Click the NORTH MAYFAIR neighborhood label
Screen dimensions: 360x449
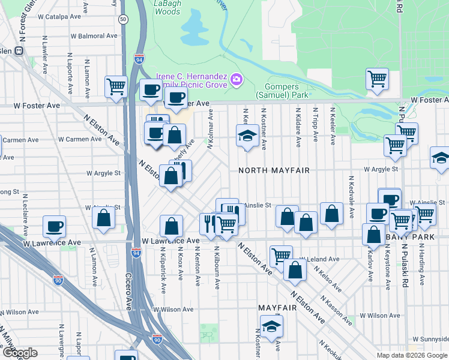pos(274,170)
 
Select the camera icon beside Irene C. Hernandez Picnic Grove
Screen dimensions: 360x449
pos(237,79)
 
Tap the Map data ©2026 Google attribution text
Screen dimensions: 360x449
pos(412,355)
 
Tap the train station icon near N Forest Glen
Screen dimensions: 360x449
pos(19,51)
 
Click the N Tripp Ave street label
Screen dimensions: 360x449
pos(315,125)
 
